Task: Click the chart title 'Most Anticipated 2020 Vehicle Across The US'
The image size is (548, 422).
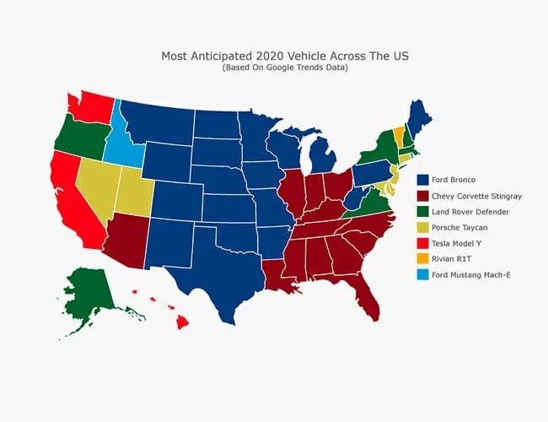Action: coord(285,56)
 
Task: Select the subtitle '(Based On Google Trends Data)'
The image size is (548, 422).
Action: coord(285,68)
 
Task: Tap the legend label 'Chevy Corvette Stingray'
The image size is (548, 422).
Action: coord(476,196)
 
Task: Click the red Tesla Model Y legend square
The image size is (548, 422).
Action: coord(422,243)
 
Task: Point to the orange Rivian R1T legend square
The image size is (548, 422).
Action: coord(422,258)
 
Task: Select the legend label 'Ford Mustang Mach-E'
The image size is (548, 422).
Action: coord(471,274)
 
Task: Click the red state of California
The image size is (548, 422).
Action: coord(74,199)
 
